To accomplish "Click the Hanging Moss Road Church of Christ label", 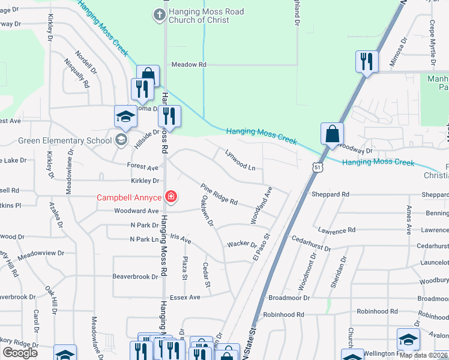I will pos(199,16).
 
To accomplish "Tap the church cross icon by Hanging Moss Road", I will pos(159,14).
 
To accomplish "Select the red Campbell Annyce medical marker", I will pos(171,197).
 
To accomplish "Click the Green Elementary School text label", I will pos(64,141).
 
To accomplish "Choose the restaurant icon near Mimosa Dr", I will pos(366,61).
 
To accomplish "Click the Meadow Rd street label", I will pos(188,64).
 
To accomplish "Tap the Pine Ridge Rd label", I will pos(219,193).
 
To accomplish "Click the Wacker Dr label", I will pos(241,245).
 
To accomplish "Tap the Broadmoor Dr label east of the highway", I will pos(289,298).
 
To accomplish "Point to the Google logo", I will pos(20,353).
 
